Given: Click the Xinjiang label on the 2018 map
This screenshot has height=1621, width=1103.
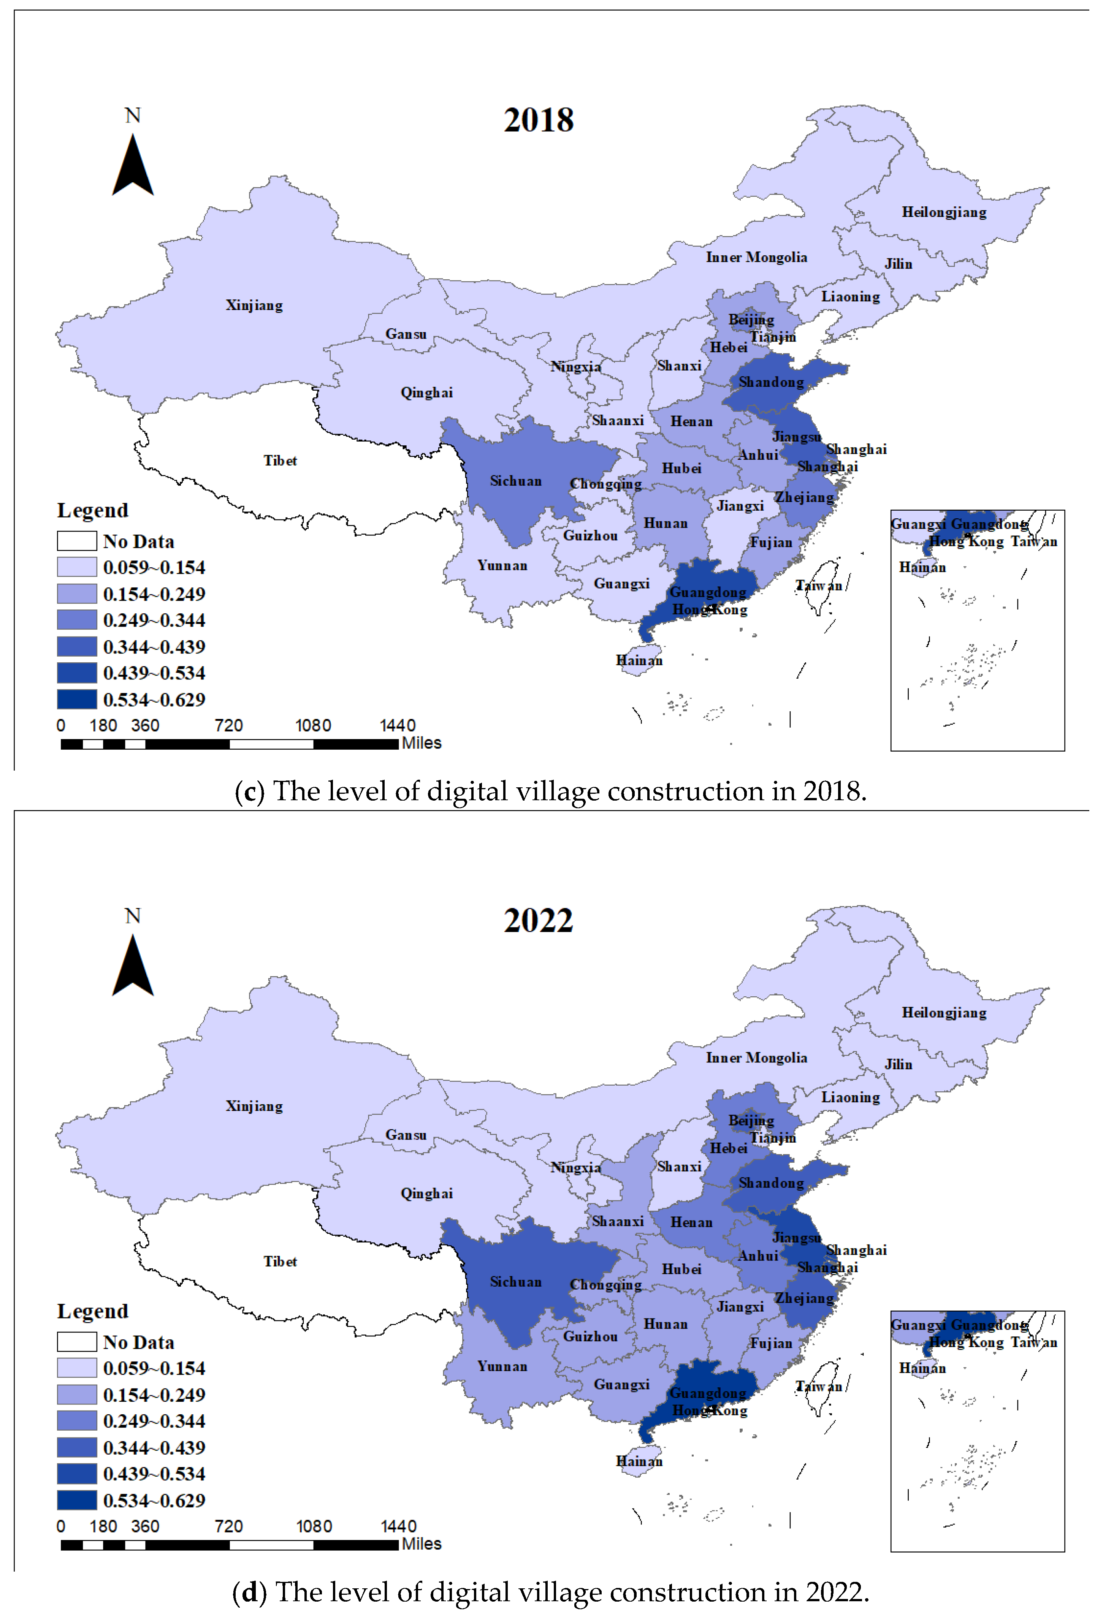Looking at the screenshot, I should [254, 306].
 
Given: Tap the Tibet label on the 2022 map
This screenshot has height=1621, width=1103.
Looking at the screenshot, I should [280, 1261].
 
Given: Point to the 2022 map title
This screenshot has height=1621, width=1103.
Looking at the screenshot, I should [539, 921].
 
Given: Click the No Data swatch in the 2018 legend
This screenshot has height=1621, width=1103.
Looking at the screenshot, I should [77, 541].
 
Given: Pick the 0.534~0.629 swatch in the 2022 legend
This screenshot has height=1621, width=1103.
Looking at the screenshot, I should [77, 1500].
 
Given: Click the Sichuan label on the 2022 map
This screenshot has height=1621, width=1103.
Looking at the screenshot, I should [515, 1282].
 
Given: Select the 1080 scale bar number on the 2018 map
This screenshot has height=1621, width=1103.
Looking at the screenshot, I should [313, 725].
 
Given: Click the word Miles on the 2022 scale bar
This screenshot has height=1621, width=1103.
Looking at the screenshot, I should [422, 1543].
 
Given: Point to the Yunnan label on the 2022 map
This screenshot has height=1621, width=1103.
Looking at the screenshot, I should [502, 1366].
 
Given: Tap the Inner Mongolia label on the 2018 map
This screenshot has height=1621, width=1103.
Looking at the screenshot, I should [756, 257].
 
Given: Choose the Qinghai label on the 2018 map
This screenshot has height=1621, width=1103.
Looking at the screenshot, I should [426, 393].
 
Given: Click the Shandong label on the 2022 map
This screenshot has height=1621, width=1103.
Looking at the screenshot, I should [771, 1183].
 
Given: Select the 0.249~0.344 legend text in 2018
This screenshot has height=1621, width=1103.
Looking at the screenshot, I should [154, 620].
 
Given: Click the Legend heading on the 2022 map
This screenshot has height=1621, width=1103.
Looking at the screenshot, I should [93, 1311].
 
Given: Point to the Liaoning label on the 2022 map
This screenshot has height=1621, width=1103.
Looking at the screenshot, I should [850, 1097].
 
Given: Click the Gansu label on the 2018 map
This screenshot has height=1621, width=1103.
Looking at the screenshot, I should [406, 334].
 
